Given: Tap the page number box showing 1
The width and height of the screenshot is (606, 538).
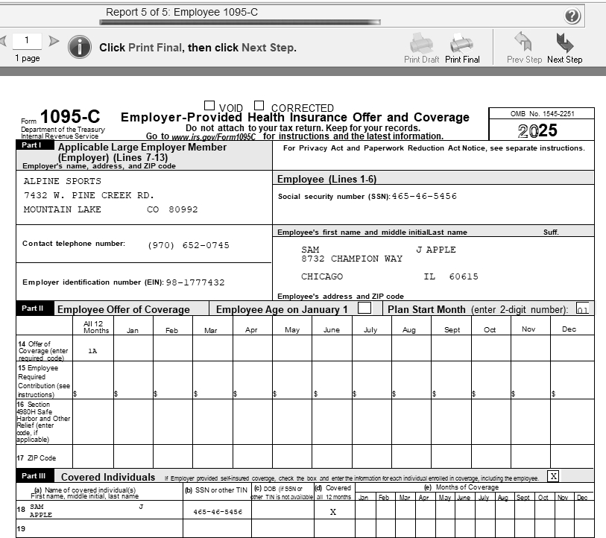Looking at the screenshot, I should tap(27, 40).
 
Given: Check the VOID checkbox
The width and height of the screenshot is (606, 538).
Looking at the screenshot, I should tap(209, 107).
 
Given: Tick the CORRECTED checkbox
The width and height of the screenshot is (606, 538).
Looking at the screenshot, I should tap(259, 107).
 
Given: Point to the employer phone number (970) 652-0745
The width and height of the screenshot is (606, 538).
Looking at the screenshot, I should tap(189, 245).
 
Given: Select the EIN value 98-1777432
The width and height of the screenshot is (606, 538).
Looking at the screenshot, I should tap(195, 282).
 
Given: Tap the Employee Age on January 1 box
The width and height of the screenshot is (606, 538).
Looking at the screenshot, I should tap(364, 308).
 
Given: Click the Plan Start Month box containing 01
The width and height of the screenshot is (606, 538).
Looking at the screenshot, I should tap(582, 309).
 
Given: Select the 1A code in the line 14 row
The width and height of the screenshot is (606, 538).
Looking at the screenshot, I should tap(92, 350).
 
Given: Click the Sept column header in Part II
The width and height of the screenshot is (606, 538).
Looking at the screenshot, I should tap(452, 329).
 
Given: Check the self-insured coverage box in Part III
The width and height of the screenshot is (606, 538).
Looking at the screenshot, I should tap(553, 475).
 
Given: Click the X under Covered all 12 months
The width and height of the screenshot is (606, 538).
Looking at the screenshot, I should tap(332, 512).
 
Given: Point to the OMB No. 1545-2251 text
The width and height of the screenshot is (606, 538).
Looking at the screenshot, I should tap(541, 114).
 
